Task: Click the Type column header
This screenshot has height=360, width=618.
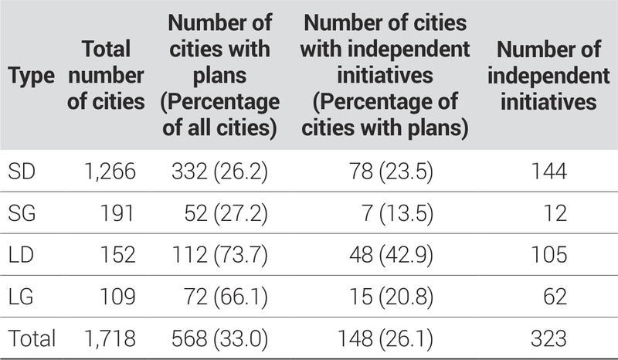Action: click(x=32, y=76)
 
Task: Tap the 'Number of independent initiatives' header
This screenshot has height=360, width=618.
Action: click(x=548, y=76)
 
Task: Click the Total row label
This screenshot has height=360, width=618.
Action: click(x=32, y=338)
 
